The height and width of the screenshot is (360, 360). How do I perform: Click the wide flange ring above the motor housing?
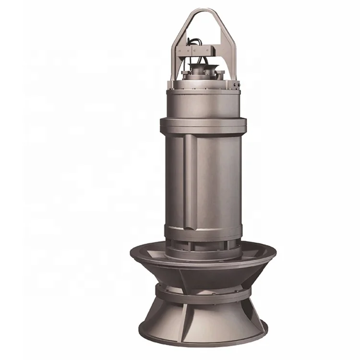coord(203,124)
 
